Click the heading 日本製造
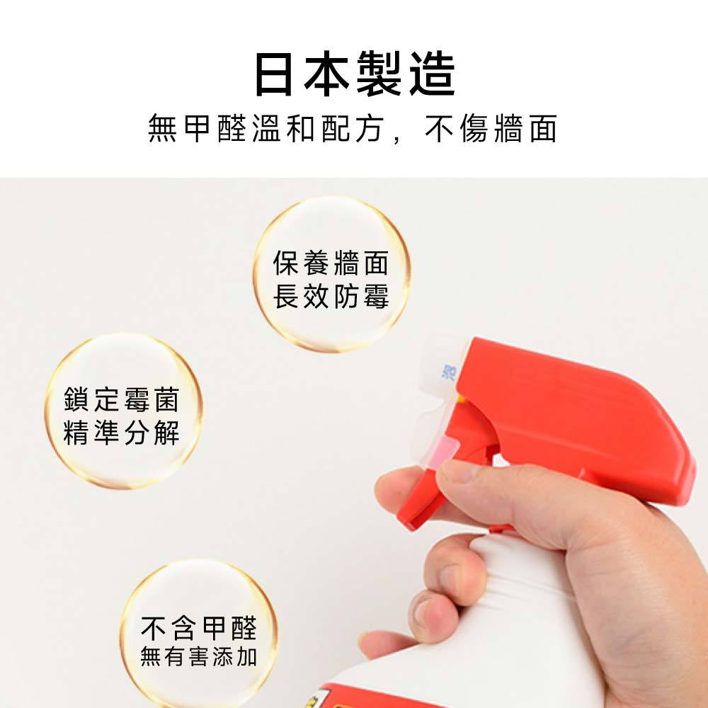coord(355,74)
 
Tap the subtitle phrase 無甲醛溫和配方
coord(266,129)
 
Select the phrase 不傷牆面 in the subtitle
coord(491,129)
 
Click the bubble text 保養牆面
coord(331,263)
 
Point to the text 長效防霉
coord(331,297)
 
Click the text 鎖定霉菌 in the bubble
coord(122,399)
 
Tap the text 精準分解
coord(122,433)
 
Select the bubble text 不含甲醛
coord(199,628)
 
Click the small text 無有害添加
coord(199,656)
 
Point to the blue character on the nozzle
coord(449,373)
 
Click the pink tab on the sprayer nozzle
coord(442,452)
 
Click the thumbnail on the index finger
coord(458,471)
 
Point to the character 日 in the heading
coord(274,74)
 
